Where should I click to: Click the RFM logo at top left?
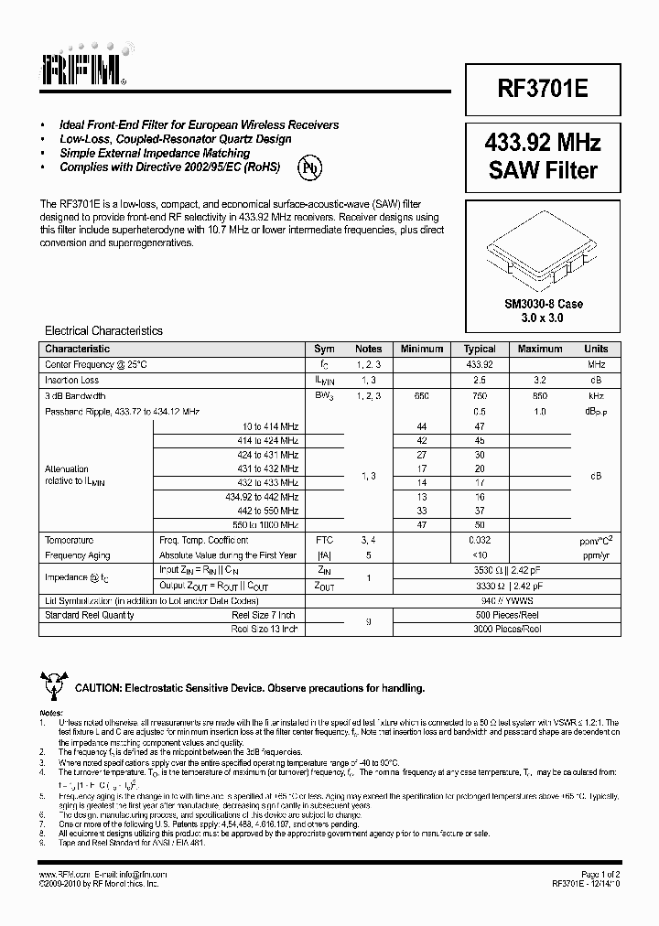tap(81, 65)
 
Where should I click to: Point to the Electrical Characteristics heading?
tap(103, 331)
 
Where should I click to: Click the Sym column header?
tap(324, 349)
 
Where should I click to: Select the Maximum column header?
tap(539, 349)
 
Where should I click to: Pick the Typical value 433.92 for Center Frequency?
tap(480, 364)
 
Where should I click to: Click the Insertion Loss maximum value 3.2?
tap(539, 380)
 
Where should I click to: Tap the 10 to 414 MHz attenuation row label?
tap(270, 427)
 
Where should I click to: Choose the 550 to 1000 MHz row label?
tap(265, 524)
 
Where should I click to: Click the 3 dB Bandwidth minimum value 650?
tap(421, 396)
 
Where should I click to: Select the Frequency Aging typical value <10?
tap(480, 555)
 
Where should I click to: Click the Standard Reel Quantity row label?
tap(90, 615)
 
